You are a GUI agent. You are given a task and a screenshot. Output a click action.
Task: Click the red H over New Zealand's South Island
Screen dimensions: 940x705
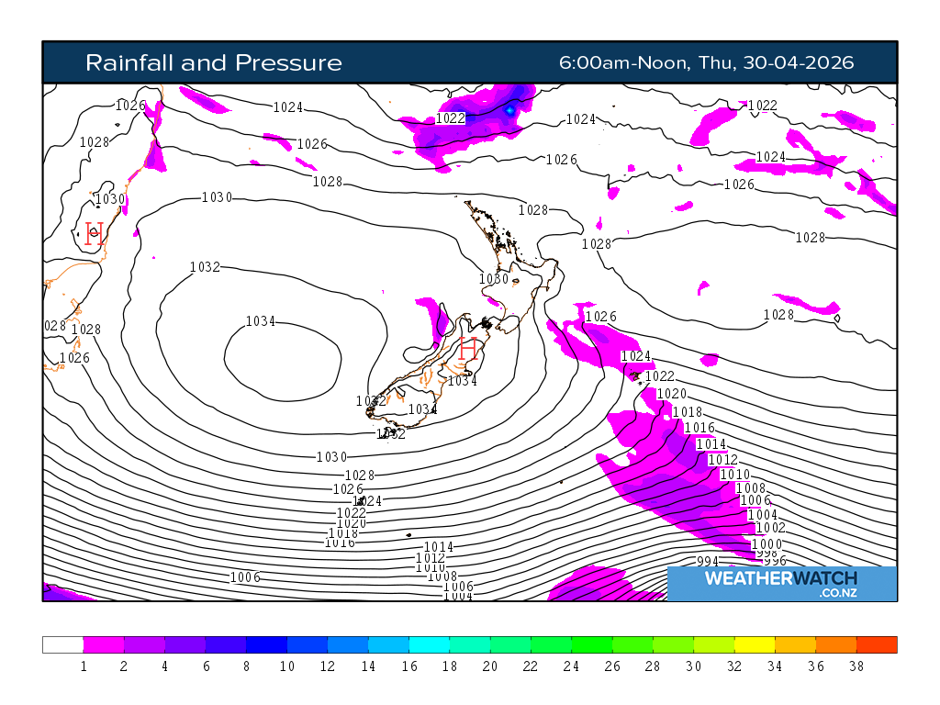(468, 349)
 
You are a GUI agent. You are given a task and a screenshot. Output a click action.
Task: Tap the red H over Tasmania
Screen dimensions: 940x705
(94, 233)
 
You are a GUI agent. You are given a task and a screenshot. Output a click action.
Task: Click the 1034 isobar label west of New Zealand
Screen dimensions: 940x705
(261, 321)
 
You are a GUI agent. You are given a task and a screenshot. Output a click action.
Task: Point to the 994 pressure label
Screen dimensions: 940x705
(708, 562)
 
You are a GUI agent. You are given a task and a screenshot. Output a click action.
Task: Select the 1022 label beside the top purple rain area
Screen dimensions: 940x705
(451, 117)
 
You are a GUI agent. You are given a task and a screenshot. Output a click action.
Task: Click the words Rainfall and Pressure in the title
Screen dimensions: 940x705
(213, 62)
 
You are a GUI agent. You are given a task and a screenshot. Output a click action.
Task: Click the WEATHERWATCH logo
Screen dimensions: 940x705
(781, 578)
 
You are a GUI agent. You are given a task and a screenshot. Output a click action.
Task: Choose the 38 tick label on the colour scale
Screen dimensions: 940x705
(856, 666)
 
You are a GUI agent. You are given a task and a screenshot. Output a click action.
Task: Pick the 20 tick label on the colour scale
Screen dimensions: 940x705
(490, 666)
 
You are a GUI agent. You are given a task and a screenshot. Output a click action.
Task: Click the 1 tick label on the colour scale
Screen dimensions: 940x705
(84, 666)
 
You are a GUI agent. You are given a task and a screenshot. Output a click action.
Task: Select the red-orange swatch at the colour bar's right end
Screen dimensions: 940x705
(877, 644)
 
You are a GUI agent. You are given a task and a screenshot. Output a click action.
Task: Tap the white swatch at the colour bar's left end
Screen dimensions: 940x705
(62, 644)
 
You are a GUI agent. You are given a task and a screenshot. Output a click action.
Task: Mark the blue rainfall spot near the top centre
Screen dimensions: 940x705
(510, 110)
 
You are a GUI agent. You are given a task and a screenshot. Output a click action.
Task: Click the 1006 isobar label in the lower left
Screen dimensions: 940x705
(245, 577)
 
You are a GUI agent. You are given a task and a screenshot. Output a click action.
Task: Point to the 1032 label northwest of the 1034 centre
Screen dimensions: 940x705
(205, 267)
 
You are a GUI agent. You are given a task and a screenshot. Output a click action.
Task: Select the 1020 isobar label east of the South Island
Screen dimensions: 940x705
(671, 394)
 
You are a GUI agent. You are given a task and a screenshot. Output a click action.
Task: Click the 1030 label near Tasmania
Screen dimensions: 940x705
(110, 199)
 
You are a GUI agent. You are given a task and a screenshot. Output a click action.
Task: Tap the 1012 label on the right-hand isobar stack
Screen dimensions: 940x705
(722, 459)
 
